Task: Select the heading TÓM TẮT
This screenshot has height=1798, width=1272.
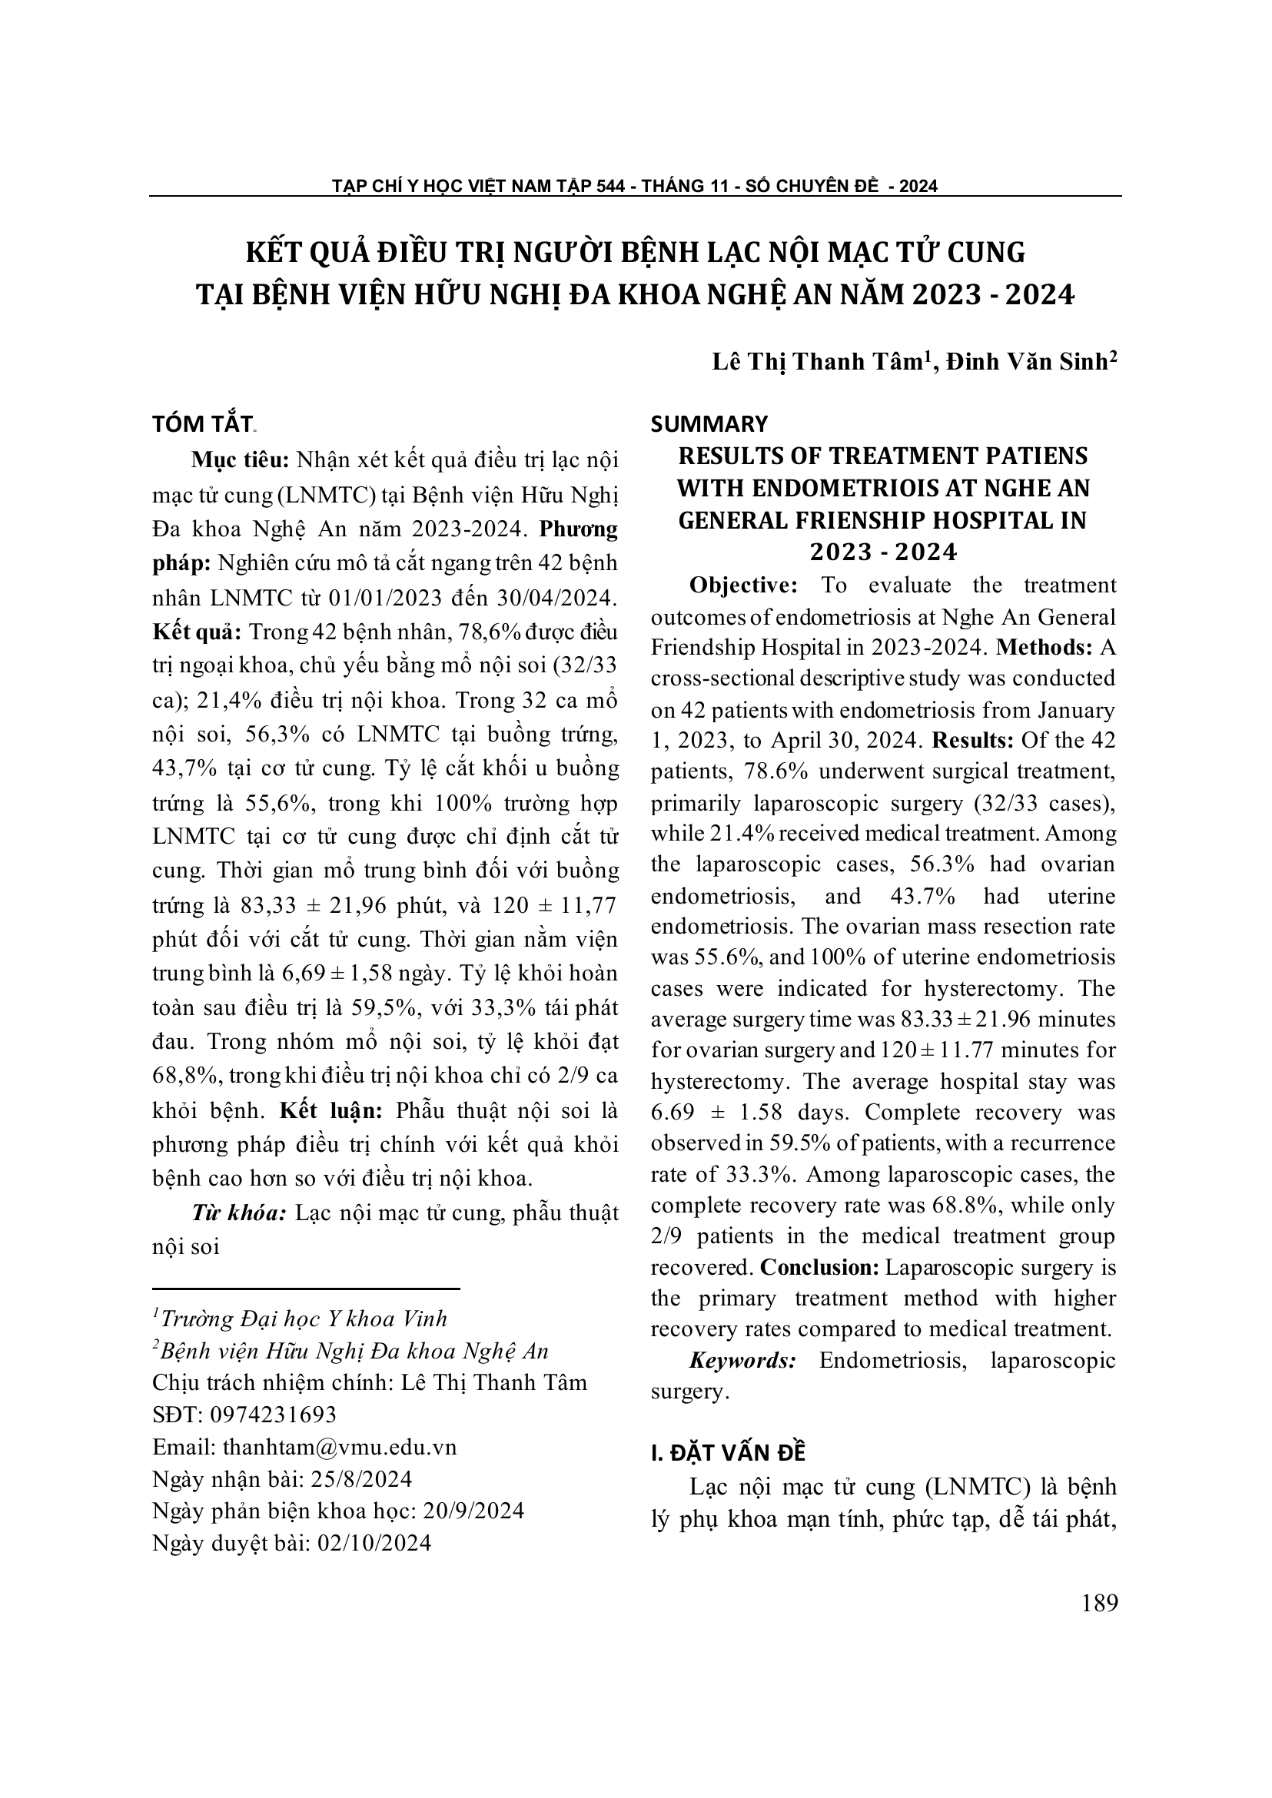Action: coord(202,423)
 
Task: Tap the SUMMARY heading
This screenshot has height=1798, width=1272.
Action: coord(709,423)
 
